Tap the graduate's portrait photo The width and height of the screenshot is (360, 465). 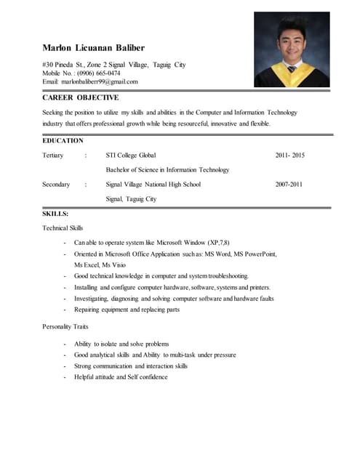[291, 49]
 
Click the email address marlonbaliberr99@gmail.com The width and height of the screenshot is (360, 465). [100, 82]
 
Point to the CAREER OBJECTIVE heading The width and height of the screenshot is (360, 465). [80, 97]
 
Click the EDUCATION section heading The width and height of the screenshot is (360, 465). [63, 140]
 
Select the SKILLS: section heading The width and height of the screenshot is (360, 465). [55, 214]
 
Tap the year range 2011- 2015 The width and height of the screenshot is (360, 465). [289, 155]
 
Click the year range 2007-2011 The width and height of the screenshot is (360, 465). [289, 185]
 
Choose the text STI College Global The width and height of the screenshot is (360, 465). [130, 155]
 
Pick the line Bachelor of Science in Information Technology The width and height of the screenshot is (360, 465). [167, 170]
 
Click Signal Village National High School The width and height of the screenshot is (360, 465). [153, 185]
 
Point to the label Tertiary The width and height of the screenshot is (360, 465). [53, 155]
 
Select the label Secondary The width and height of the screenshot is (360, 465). [56, 185]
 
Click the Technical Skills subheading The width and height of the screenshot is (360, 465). [63, 228]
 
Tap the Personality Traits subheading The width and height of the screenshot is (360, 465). [65, 327]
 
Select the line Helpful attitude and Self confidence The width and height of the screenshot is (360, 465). [121, 377]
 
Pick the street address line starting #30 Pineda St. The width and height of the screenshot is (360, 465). [113, 65]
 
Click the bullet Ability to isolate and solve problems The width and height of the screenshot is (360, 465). [121, 344]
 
